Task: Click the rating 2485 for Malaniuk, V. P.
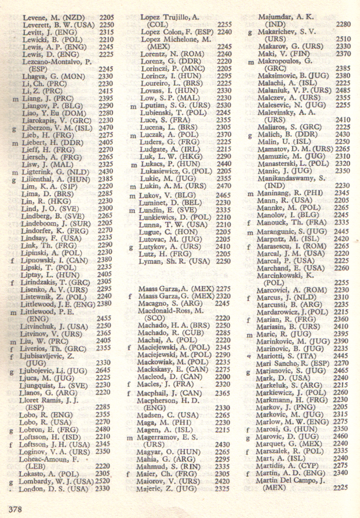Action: (342, 90)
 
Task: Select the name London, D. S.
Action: (55, 488)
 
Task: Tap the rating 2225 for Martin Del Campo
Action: (340, 487)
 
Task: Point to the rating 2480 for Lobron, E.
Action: (104, 429)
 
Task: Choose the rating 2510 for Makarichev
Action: (342, 40)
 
